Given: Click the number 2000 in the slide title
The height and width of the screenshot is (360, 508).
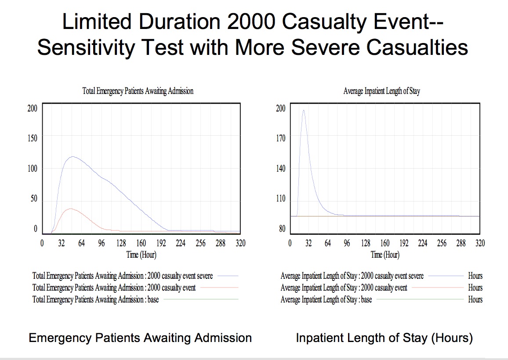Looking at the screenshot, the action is point(251,22).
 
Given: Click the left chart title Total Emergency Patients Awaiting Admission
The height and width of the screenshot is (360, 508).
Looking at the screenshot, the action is point(138,91).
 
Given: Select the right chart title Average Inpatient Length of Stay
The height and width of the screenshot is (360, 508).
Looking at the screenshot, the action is point(381,91).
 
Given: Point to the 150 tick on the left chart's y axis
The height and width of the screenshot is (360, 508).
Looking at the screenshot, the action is point(33,138).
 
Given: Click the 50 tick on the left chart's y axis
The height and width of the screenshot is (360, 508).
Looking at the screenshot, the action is point(34,198).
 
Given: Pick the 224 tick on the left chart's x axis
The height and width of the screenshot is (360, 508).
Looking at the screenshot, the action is point(181,243).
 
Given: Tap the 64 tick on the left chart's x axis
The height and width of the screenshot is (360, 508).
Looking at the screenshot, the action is point(81,243).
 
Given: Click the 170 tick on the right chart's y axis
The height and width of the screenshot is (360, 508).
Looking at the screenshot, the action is point(280,138).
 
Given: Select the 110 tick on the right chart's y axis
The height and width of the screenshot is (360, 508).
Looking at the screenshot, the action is point(280,198).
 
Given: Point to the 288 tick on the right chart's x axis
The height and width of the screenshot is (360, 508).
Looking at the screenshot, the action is point(461,243).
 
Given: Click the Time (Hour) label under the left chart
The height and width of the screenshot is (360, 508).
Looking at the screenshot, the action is point(141,255).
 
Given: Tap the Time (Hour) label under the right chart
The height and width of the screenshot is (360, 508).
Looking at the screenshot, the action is point(385,255).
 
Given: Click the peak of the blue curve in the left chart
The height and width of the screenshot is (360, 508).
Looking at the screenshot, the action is point(73,156).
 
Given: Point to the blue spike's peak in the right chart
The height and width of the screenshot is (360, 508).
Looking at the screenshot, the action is point(304,110).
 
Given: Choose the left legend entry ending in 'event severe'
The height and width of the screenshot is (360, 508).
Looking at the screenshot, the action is point(123,276).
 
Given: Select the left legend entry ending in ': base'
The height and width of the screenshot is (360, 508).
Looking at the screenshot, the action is point(95,299).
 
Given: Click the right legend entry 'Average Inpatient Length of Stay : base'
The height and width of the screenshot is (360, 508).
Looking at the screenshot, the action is point(326,299).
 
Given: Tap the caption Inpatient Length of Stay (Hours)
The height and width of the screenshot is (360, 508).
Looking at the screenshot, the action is point(384,338).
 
